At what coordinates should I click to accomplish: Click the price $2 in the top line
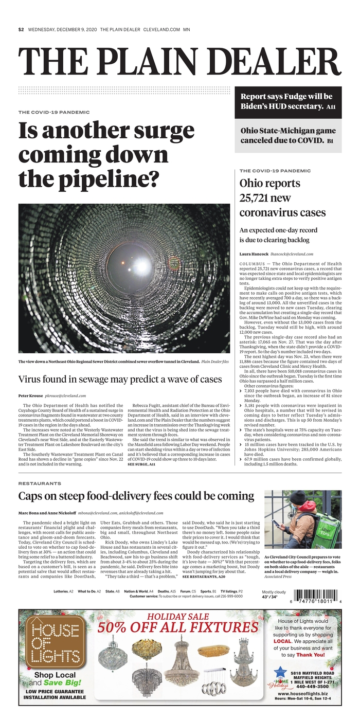coord(21,29)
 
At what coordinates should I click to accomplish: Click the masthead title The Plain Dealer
coord(179,63)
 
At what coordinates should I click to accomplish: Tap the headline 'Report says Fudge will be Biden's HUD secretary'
coord(286,101)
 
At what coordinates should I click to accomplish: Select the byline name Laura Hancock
coord(254,254)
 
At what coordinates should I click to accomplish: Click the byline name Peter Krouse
coord(30,396)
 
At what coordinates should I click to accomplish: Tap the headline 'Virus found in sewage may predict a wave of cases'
coord(120,380)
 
